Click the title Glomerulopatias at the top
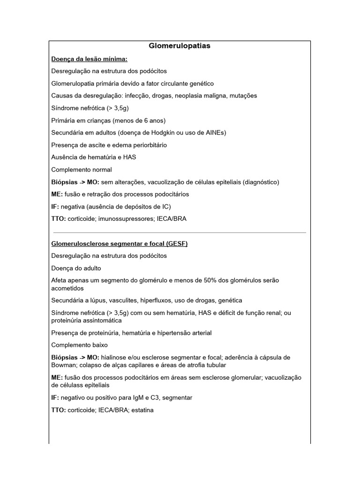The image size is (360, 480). tap(180, 46)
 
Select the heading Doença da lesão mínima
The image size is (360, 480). tap(89, 59)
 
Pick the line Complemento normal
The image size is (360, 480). tap(82, 169)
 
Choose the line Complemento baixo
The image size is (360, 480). tap(79, 345)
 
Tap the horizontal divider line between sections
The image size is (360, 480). tap(180, 232)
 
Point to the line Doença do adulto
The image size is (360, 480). tap(76, 268)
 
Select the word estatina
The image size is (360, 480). tap(141, 410)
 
